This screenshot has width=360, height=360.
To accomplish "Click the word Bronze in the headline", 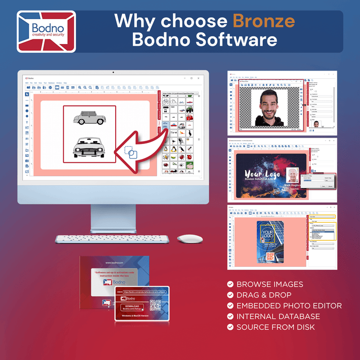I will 264,21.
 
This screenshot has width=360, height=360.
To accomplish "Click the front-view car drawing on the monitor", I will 90,147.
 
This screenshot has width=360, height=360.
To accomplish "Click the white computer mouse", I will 190,239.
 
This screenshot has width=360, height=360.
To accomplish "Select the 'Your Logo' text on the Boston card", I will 260,174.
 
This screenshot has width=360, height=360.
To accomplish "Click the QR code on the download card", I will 156,305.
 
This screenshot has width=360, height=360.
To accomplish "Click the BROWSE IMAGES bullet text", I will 270,284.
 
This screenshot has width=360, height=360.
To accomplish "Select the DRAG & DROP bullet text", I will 264,295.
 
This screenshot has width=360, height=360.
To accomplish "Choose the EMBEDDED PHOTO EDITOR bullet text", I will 289,306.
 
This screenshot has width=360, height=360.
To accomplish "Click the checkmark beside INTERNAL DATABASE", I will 230,316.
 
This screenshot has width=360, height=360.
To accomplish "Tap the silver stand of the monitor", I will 113,216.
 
